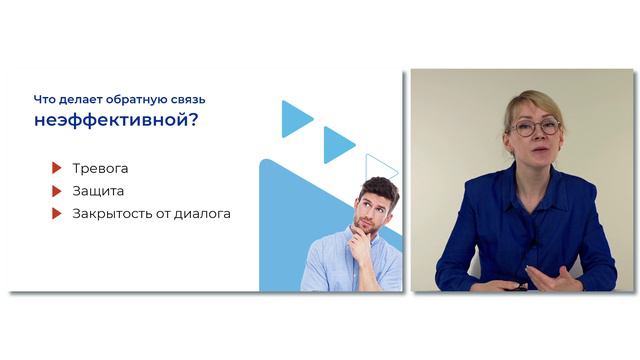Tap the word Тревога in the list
[x=100, y=168]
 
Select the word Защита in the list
[x=98, y=190]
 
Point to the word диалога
[x=203, y=213]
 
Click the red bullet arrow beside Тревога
[x=57, y=168]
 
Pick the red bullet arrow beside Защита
[x=57, y=190]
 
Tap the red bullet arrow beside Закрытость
[x=57, y=213]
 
